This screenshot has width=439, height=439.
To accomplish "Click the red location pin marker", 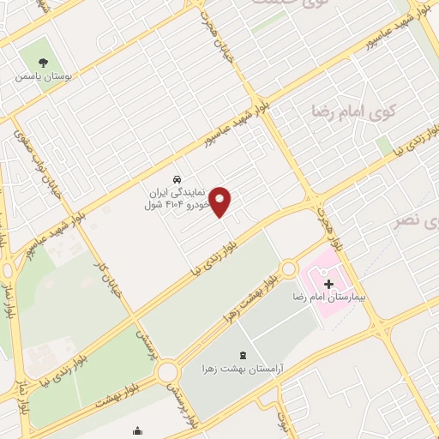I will [x=221, y=202].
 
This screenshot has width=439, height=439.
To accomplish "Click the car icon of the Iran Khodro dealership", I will [x=176, y=180].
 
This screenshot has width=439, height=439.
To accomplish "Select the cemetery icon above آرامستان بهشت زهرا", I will [x=240, y=355].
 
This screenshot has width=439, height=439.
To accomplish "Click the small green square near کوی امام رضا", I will [x=384, y=145].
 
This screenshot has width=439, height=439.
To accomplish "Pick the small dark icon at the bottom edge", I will [x=137, y=431].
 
